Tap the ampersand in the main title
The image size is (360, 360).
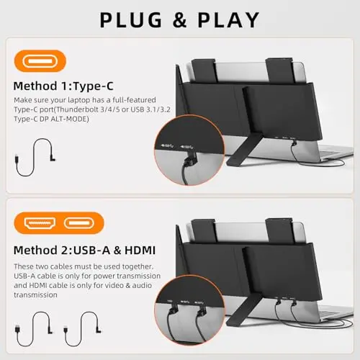[179, 19]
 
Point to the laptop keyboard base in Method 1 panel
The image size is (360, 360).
[317, 152]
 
